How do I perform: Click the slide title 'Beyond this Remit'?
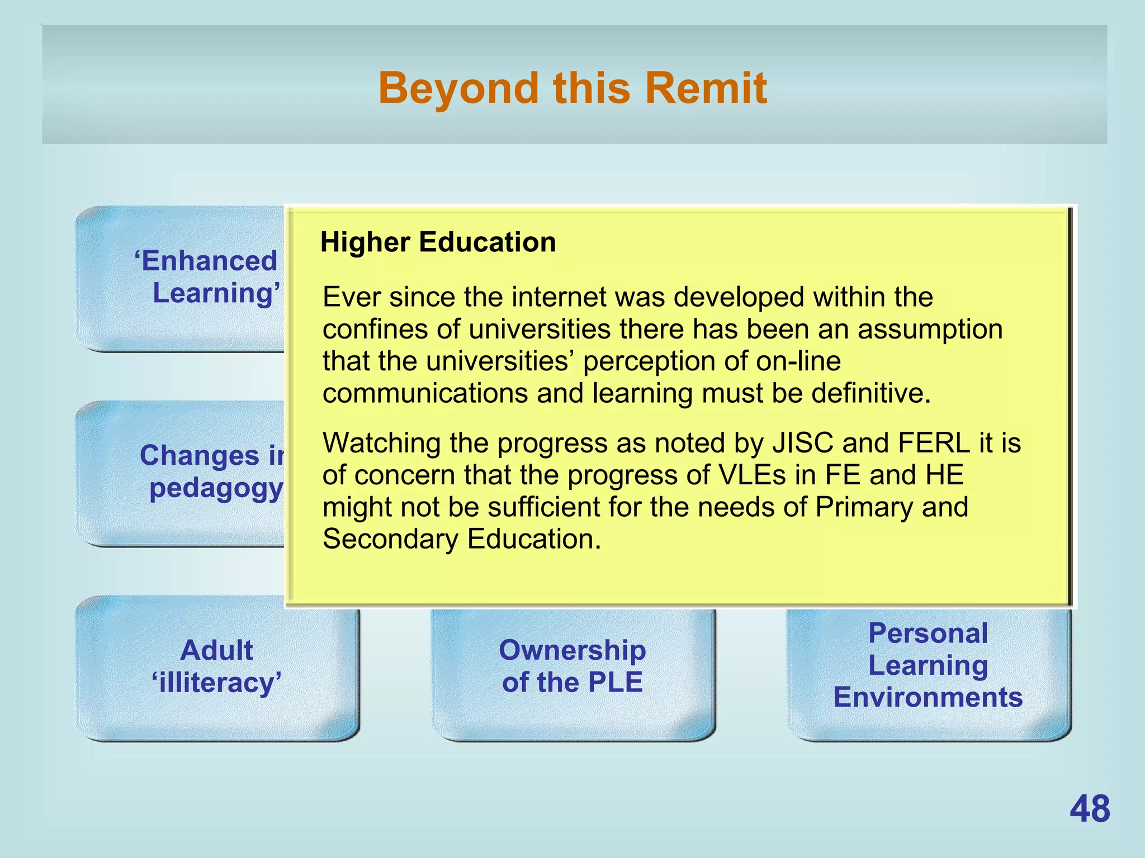tap(572, 88)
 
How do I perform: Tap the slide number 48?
tap(1090, 809)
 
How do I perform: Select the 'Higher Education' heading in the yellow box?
tap(438, 242)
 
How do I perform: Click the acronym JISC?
tap(803, 443)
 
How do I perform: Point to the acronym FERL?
tap(934, 443)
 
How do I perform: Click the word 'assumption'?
tap(930, 329)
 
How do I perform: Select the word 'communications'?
tap(425, 393)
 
